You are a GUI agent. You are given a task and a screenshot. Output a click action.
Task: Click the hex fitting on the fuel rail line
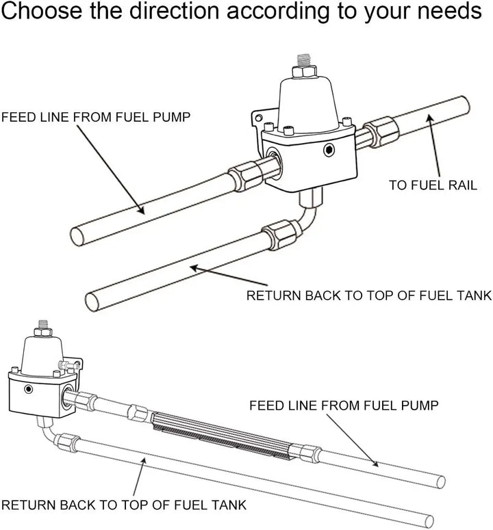[379, 131]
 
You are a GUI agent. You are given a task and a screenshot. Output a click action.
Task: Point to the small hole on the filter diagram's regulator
[28, 389]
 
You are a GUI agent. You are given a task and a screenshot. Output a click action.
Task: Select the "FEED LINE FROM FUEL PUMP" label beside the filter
[343, 406]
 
